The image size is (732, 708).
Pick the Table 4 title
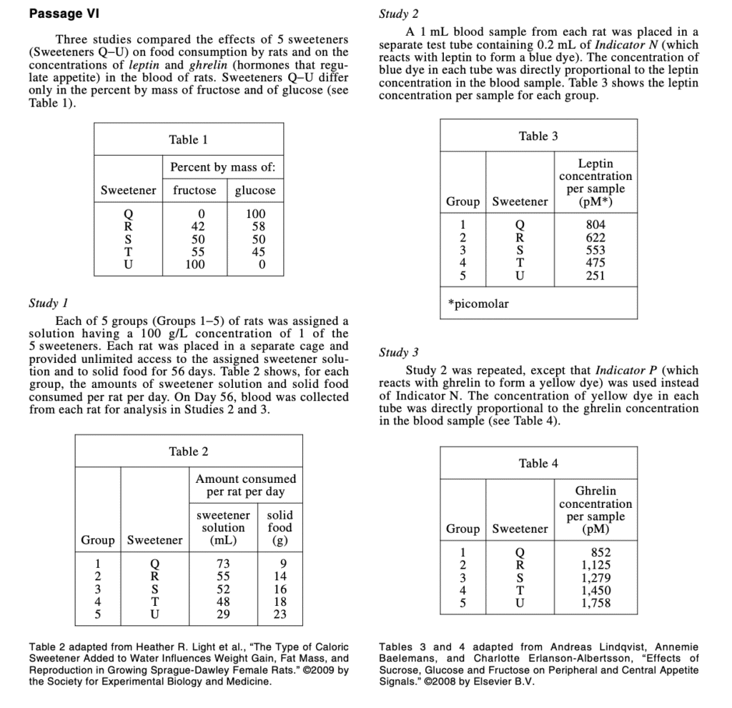coord(538,463)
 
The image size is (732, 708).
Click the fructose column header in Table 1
coord(195,190)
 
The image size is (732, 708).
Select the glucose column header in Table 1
coord(255,190)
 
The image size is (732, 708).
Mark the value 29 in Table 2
coord(223,614)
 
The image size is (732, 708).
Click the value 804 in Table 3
coord(595,224)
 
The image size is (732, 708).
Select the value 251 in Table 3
coord(595,276)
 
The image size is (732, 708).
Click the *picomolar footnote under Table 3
coord(479,304)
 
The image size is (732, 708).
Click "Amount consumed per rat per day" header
coord(245,485)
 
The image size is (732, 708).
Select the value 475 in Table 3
coord(595,263)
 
